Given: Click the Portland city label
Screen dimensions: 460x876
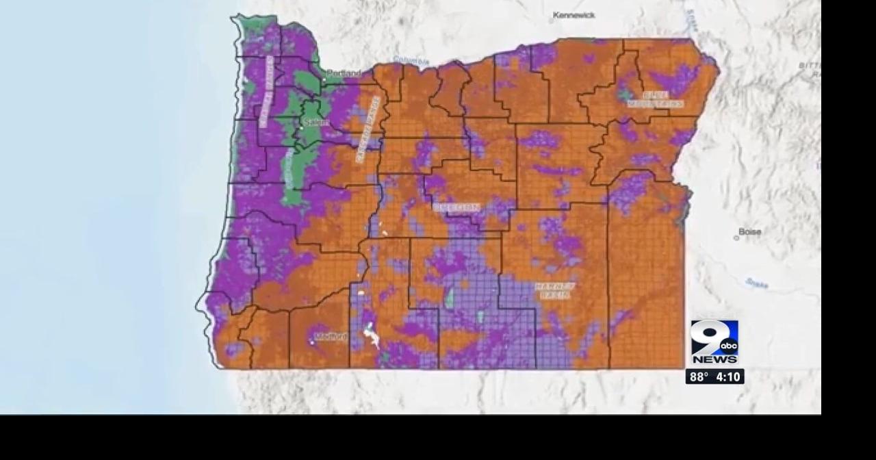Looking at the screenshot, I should (x=344, y=73).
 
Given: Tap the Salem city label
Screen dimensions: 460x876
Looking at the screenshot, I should (x=317, y=123).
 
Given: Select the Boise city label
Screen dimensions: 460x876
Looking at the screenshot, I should (x=750, y=232).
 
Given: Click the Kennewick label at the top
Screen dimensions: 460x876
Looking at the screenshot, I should (x=574, y=15).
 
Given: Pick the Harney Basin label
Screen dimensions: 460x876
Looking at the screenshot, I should (x=554, y=290).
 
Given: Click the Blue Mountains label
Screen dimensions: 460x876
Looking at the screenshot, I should (x=655, y=99).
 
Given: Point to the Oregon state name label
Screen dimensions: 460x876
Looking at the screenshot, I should (x=456, y=207).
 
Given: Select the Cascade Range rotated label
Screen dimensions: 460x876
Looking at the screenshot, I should (x=368, y=129).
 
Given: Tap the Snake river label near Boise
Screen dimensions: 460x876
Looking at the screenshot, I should (x=756, y=282).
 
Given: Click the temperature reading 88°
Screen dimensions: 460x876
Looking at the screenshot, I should (x=698, y=377).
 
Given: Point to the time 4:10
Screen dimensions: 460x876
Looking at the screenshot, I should (x=728, y=377).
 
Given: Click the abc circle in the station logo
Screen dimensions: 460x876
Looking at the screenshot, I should (x=727, y=346).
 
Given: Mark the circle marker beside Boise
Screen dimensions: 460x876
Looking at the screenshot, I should (x=736, y=238).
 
